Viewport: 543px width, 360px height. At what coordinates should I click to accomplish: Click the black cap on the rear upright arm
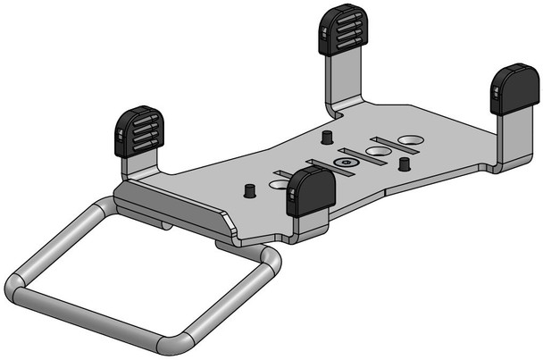tap(340, 29)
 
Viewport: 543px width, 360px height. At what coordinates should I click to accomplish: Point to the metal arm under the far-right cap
tap(510, 138)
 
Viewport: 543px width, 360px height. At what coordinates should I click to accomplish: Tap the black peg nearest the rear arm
tap(327, 138)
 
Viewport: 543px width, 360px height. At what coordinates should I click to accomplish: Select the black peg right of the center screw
tap(404, 163)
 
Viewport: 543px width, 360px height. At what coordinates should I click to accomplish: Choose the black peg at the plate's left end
tap(249, 190)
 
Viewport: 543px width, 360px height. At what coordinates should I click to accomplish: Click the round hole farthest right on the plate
tap(412, 140)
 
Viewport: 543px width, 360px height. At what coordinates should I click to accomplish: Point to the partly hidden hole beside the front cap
tap(280, 184)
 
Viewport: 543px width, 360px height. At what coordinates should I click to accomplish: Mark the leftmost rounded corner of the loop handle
tap(18, 287)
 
